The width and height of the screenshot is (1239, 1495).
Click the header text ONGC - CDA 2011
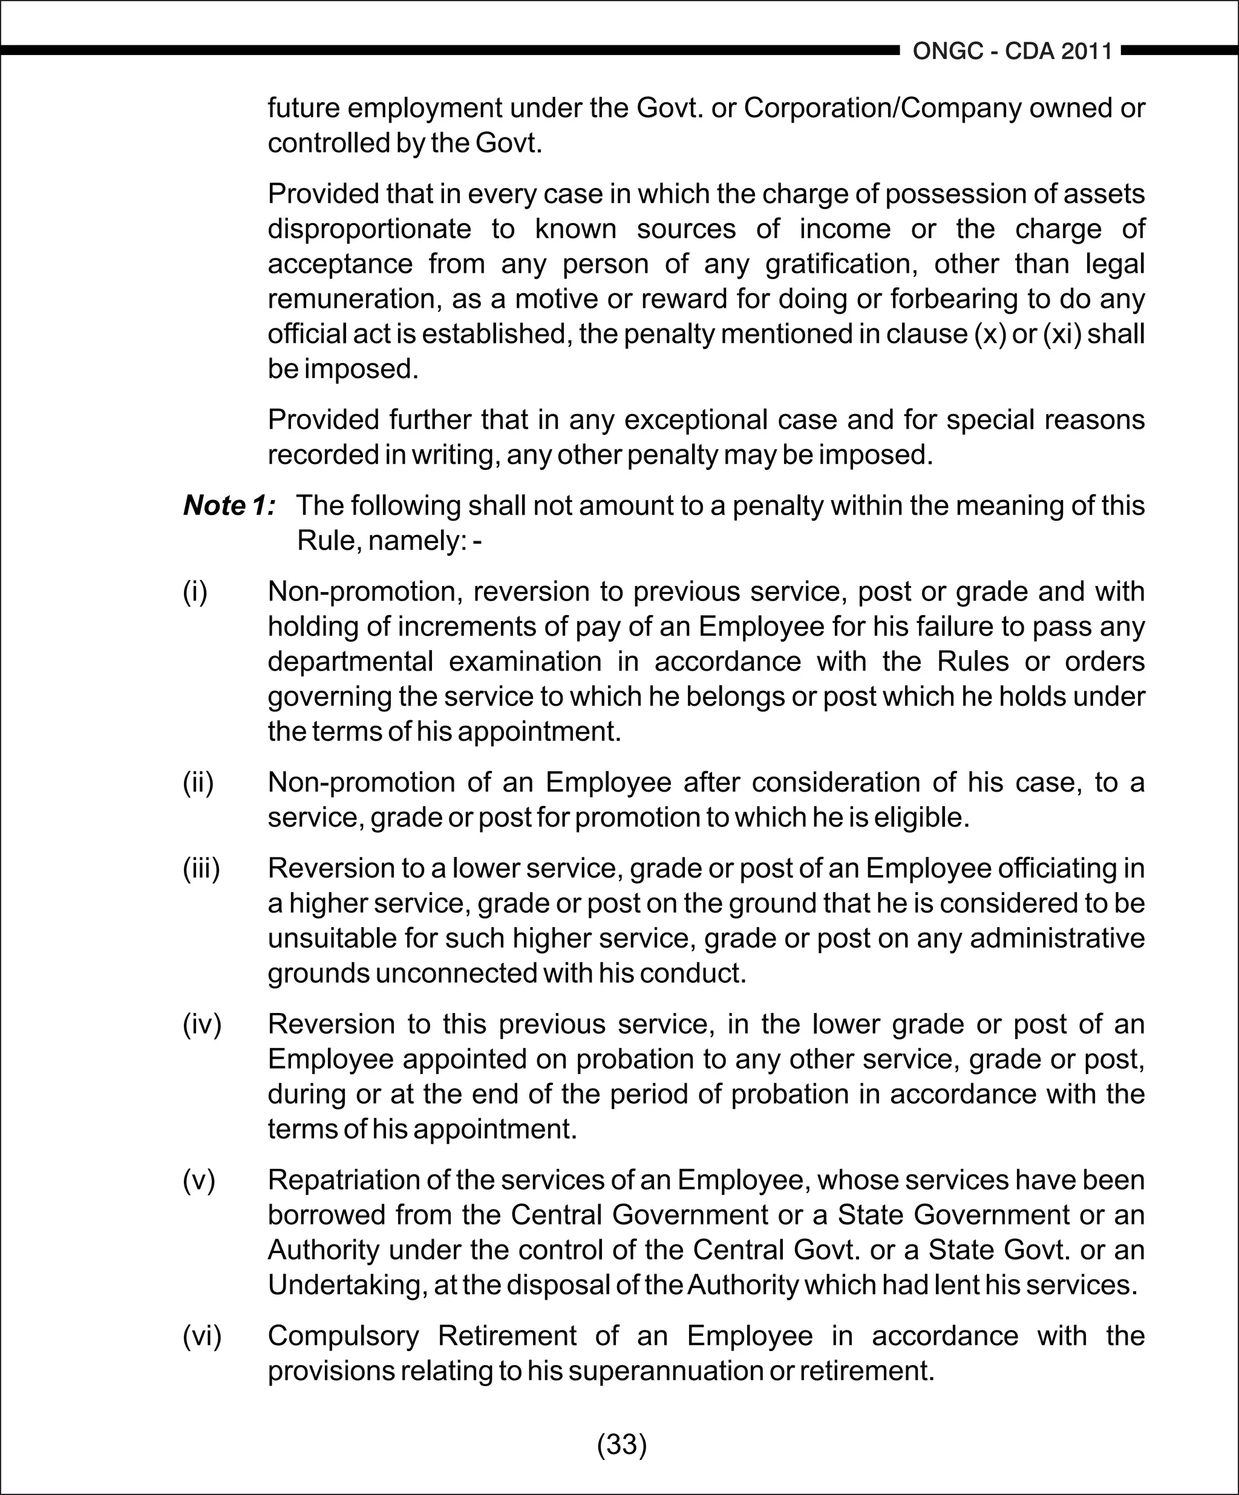[x=1012, y=51]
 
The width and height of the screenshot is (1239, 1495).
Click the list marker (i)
[x=195, y=591]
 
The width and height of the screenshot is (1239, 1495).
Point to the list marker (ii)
[x=198, y=783]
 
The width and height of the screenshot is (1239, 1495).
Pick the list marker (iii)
[x=201, y=868]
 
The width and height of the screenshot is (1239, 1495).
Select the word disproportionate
[x=369, y=229]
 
